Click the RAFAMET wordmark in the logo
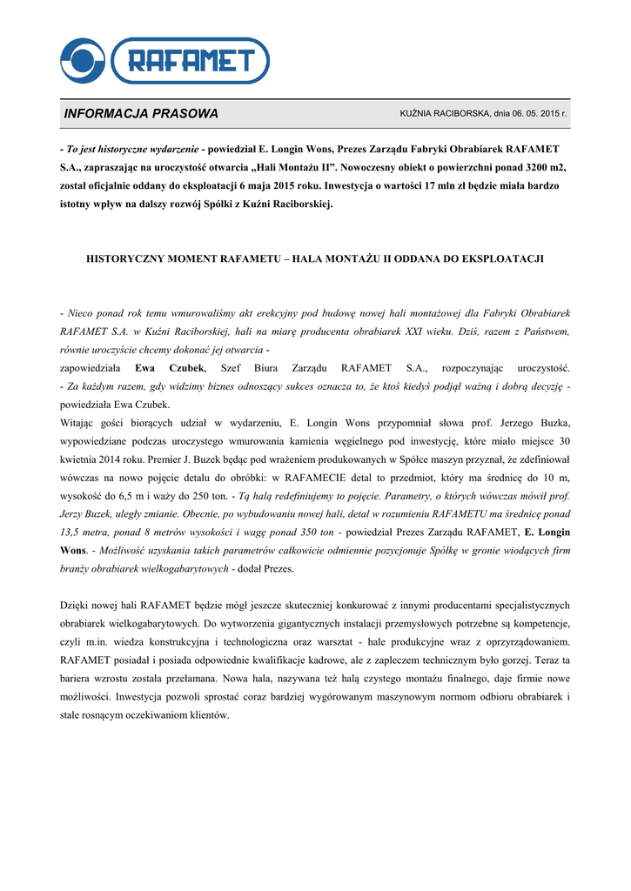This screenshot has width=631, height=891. (x=192, y=61)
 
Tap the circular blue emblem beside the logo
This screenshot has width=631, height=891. (x=83, y=61)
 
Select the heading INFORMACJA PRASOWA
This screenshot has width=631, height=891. (x=141, y=114)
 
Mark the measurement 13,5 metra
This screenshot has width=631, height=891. (x=84, y=533)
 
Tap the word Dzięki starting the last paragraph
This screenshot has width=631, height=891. (x=76, y=605)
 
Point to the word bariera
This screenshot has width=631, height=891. (x=78, y=678)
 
